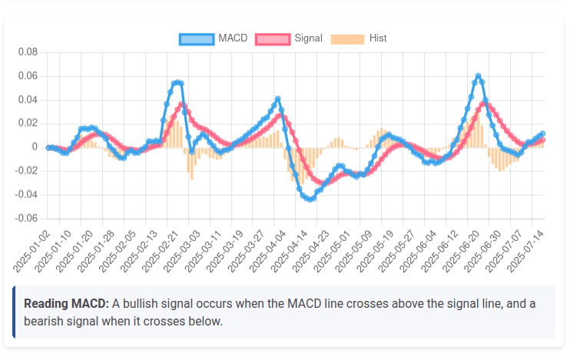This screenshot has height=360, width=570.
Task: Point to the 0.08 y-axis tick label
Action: [x=28, y=52]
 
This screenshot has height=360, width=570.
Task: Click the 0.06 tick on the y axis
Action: [x=28, y=76]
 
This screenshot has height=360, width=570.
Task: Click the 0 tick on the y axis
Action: [x=34, y=147]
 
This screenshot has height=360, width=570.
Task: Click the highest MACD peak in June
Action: [x=478, y=76]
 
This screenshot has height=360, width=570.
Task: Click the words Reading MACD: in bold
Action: [x=66, y=304]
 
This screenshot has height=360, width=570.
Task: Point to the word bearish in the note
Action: [x=45, y=321]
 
